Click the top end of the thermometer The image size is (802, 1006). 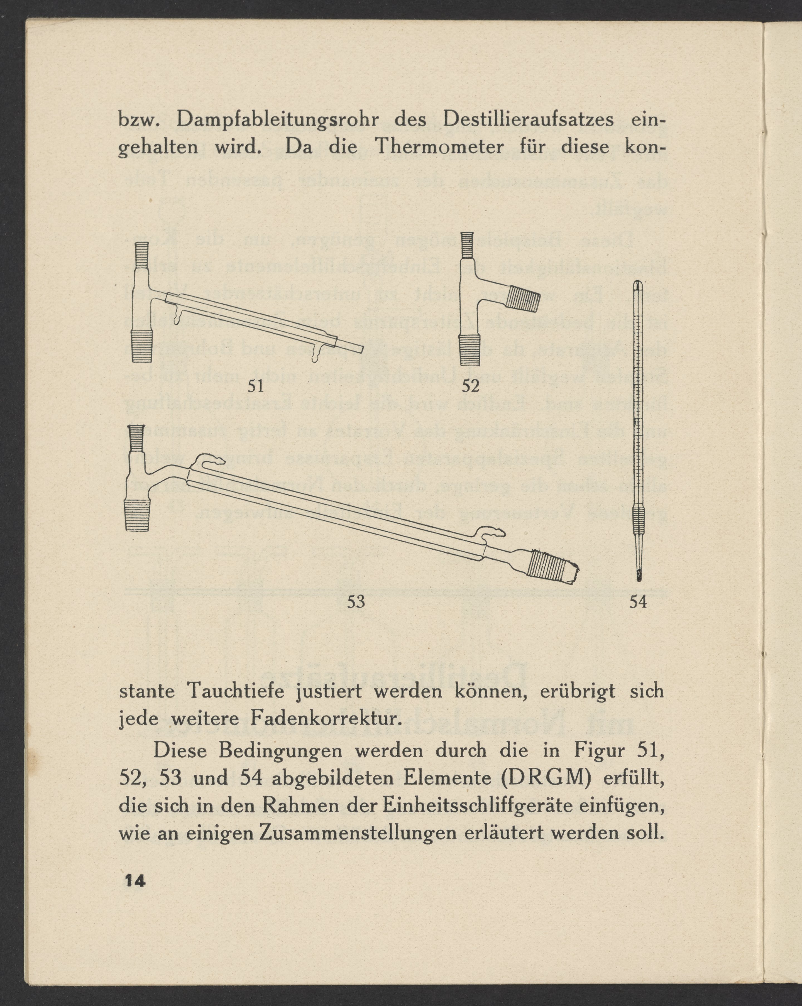(638, 285)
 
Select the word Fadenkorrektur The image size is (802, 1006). (325, 719)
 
